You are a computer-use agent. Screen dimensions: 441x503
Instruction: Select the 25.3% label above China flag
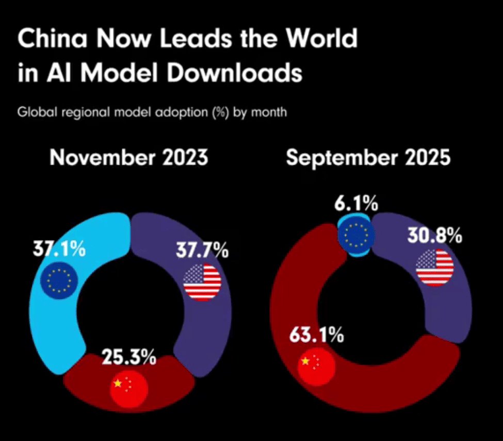(x=129, y=357)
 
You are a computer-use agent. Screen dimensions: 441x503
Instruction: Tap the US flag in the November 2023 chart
(x=202, y=282)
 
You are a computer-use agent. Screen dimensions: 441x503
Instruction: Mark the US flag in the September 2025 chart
(x=435, y=267)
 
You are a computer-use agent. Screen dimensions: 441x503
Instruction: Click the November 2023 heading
(x=128, y=157)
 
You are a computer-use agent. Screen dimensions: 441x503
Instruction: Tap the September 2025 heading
(x=368, y=157)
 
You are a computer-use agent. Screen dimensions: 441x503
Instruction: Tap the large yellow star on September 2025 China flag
(x=306, y=361)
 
